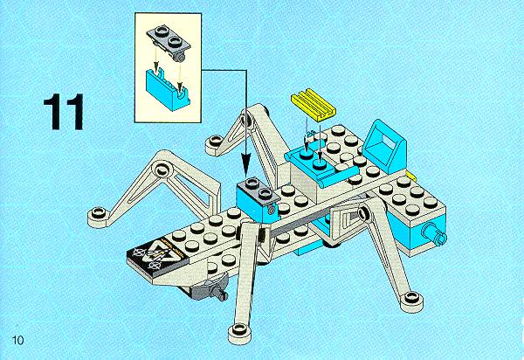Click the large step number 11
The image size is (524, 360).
coord(63,112)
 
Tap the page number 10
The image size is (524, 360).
coord(17,340)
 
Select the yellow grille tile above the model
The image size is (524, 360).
coord(314,103)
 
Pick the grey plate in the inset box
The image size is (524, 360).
coord(169,43)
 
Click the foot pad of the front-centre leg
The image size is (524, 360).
coord(239,332)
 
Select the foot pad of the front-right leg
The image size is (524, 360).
coord(411,301)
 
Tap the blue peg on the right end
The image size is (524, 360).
coord(434,233)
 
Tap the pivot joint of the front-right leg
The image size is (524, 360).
coord(364,212)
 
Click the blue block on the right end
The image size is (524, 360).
coord(417,234)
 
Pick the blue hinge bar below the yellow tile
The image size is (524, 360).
coord(337,177)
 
